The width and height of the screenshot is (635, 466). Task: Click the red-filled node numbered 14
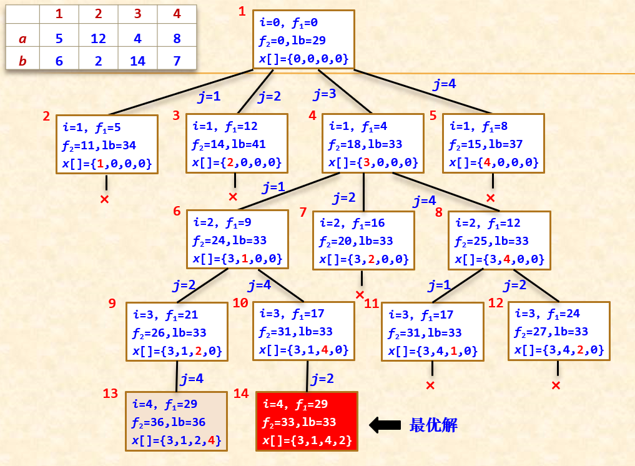(x=307, y=422)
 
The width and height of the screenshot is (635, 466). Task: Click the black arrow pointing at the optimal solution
(x=385, y=425)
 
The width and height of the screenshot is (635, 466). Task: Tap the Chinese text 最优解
(x=433, y=425)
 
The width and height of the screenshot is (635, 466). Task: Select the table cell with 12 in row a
(x=98, y=39)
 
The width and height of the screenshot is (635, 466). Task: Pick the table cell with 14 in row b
(x=137, y=61)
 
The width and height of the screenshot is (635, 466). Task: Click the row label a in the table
(x=23, y=39)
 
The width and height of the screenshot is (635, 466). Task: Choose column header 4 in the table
(x=177, y=14)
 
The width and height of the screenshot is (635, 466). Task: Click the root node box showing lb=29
(x=303, y=40)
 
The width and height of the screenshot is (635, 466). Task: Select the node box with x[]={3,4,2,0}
(x=559, y=331)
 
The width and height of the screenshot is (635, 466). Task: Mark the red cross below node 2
(x=105, y=199)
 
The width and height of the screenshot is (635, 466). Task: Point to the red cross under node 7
(x=360, y=294)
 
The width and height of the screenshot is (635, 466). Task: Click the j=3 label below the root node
(x=325, y=94)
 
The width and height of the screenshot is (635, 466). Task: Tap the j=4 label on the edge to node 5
(x=444, y=84)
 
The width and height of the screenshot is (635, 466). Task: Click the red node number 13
(x=111, y=394)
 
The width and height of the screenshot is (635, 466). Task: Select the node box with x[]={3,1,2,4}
(x=175, y=422)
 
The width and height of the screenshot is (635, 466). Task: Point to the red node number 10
(x=240, y=304)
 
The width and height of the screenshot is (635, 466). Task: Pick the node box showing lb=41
(x=237, y=144)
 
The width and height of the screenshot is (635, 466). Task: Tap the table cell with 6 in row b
(x=59, y=61)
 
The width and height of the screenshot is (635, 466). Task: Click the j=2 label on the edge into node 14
(x=323, y=379)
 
